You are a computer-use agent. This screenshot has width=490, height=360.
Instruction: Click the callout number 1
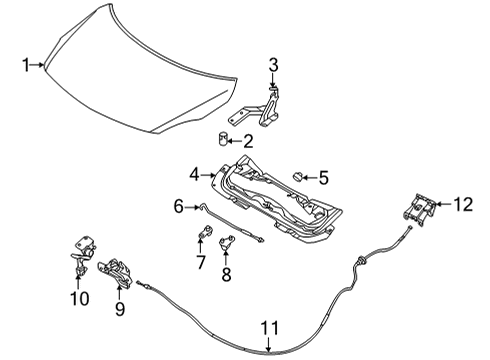tap(27, 66)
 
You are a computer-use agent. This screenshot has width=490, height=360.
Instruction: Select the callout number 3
tap(272, 66)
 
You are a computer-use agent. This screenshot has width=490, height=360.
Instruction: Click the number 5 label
tap(322, 179)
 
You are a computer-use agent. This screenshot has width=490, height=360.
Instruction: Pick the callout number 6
tap(179, 207)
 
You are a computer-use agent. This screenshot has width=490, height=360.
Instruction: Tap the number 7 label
tap(200, 263)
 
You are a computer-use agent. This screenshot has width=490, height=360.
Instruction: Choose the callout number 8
tap(226, 274)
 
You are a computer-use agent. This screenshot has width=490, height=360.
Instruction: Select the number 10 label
tap(79, 298)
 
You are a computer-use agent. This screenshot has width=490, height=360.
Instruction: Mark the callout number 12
tap(461, 205)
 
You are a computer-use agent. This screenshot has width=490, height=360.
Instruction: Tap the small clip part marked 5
tap(297, 177)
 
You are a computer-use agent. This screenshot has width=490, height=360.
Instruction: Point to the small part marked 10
tap(81, 256)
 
